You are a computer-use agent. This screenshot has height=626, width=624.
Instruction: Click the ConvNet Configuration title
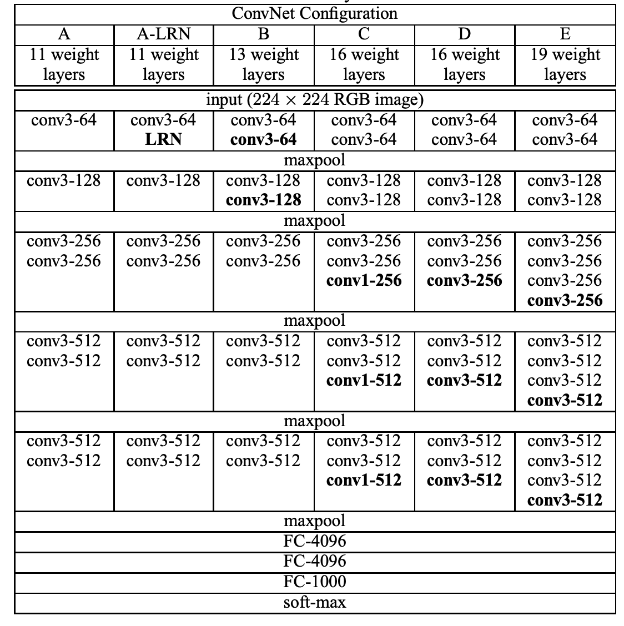pyautogui.click(x=314, y=13)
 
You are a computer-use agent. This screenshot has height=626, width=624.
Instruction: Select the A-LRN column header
pyautogui.click(x=163, y=34)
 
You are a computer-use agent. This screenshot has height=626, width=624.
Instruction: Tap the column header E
pyautogui.click(x=565, y=34)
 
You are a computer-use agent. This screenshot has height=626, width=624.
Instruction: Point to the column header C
pyautogui.click(x=364, y=34)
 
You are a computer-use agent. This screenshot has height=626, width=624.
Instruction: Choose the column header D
pyautogui.click(x=464, y=34)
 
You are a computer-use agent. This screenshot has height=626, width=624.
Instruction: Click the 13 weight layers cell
pyautogui.click(x=264, y=64)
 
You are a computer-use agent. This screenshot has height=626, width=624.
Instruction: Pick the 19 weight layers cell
pyautogui.click(x=565, y=64)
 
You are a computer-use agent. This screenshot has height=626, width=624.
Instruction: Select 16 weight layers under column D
pyautogui.click(x=465, y=64)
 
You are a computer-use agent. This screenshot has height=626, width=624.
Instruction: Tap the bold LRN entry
pyautogui.click(x=163, y=139)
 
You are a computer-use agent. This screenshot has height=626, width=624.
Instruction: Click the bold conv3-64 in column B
pyautogui.click(x=263, y=139)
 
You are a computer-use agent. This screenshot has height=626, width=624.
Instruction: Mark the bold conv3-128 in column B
pyautogui.click(x=263, y=200)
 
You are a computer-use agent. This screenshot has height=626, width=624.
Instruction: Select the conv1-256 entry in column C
pyautogui.click(x=364, y=280)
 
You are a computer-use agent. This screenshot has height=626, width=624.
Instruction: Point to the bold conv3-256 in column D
pyautogui.click(x=464, y=280)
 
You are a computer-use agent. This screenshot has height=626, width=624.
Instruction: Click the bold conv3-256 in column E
pyautogui.click(x=565, y=300)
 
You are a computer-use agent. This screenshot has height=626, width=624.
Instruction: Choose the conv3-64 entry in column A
pyautogui.click(x=64, y=120)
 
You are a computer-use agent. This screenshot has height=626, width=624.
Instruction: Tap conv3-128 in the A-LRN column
pyautogui.click(x=163, y=180)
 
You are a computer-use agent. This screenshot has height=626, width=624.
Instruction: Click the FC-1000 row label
pyautogui.click(x=314, y=582)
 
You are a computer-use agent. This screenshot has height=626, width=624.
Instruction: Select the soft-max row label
pyautogui.click(x=314, y=602)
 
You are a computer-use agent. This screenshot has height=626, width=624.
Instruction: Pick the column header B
pyautogui.click(x=264, y=34)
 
